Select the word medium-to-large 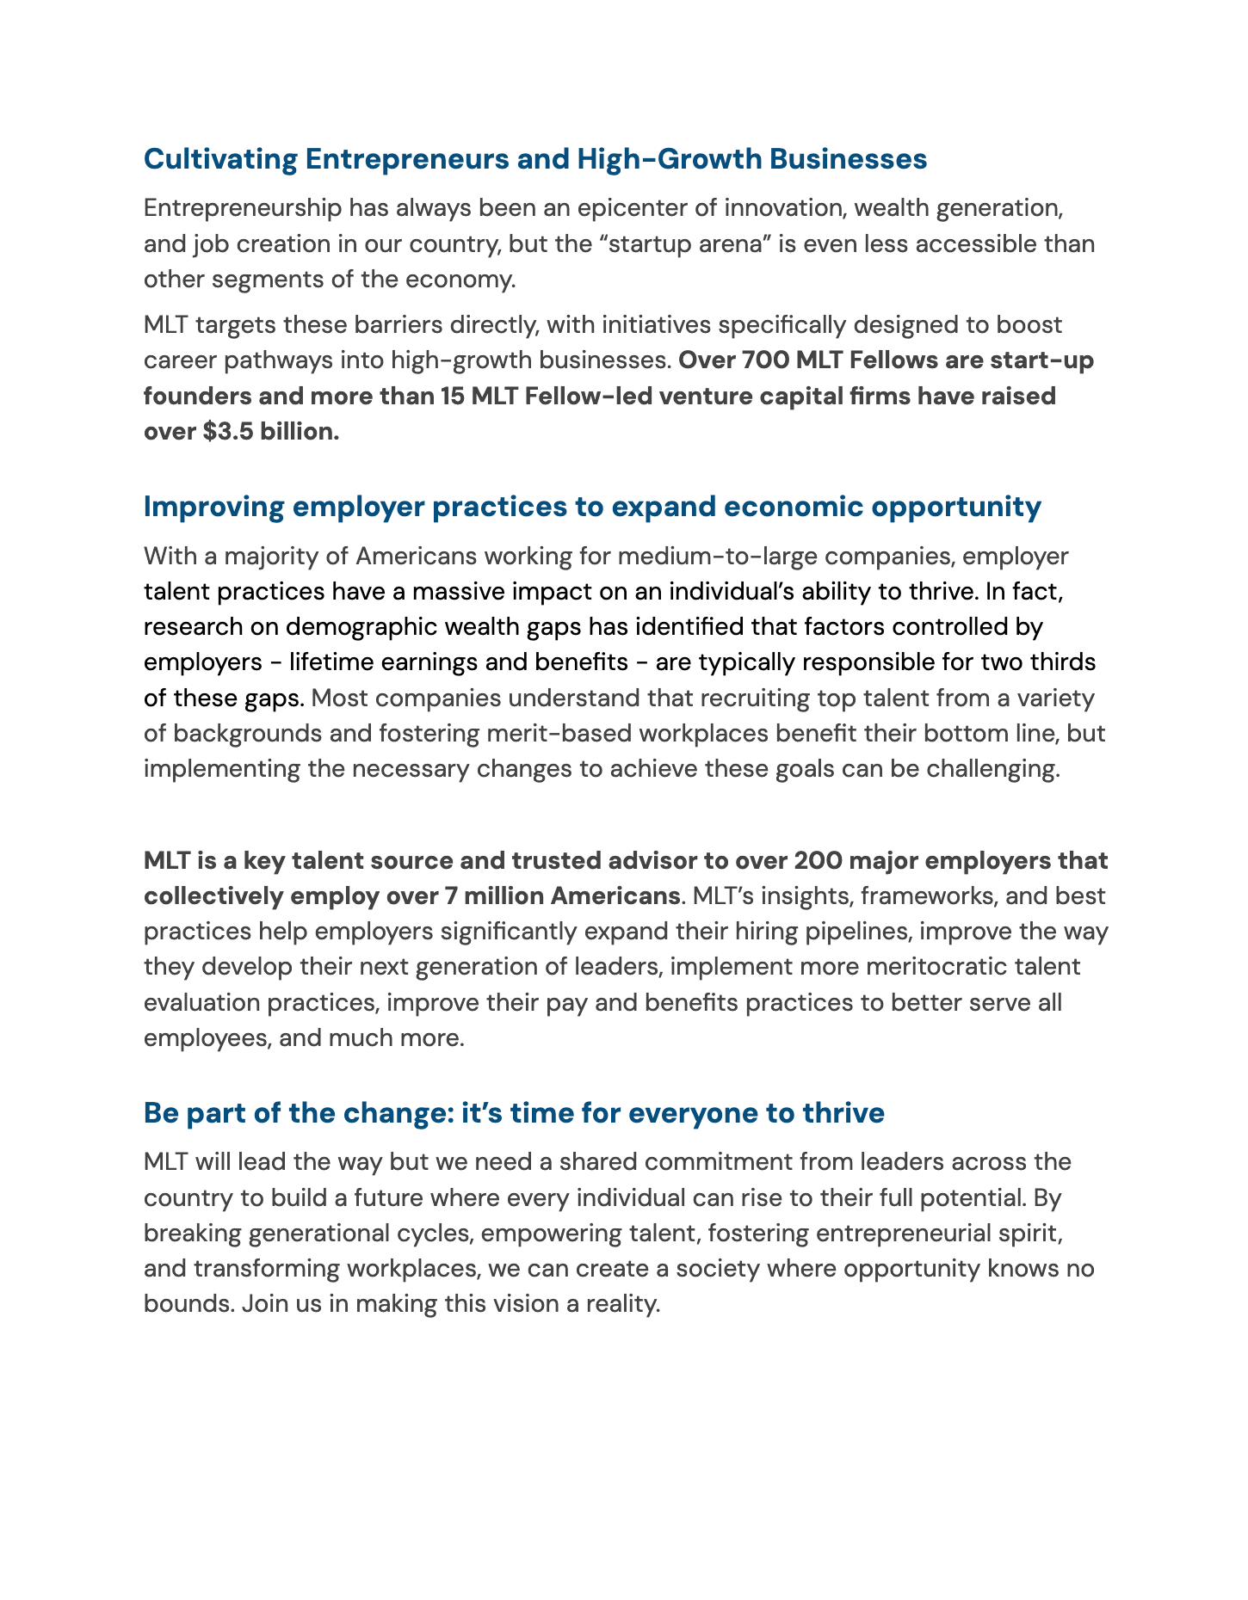709,556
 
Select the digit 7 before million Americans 450,895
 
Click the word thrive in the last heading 843,1112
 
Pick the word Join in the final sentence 257,1303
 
